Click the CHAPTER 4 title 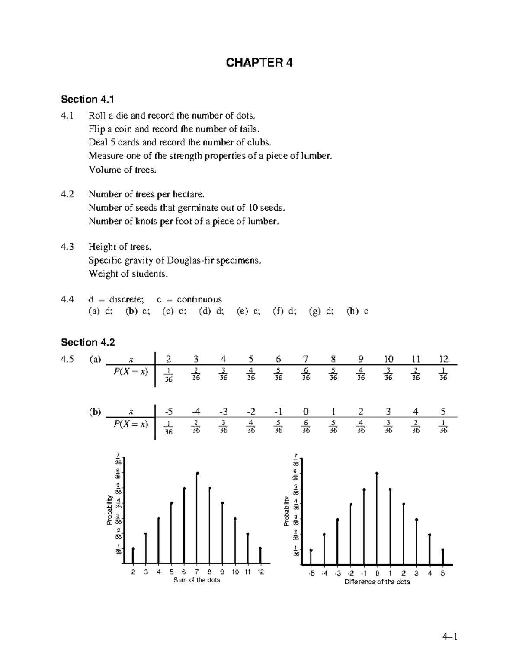pos(259,63)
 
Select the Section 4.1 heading pos(87,100)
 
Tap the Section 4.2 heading pos(88,343)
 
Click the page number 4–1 pos(449,637)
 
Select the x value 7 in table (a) pos(306,359)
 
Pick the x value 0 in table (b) pos(306,412)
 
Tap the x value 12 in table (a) pos(443,359)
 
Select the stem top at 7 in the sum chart pos(197,473)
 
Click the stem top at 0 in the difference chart pos(377,473)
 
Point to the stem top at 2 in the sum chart pos(133,549)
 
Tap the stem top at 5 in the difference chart pos(443,550)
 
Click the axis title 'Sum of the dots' pos(197,580)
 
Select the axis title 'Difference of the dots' pos(377,582)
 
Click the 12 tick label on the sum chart pos(261,572)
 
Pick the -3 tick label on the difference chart pos(337,573)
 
